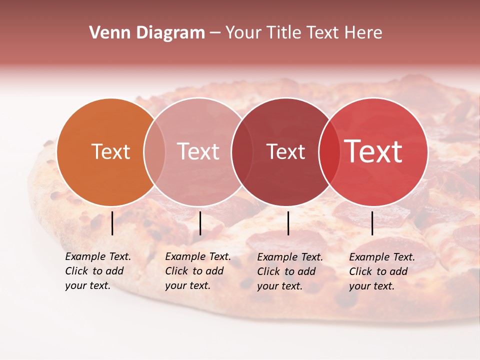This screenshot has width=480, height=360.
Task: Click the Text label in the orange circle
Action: click(110, 151)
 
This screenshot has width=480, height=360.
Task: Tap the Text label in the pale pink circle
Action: click(198, 151)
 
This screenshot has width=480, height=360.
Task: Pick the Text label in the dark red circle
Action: click(285, 151)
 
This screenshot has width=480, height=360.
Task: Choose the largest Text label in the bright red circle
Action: click(373, 151)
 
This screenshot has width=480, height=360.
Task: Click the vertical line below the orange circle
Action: click(112, 223)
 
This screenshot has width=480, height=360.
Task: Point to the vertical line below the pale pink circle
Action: click(200, 223)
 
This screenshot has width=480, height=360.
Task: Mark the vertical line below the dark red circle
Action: click(288, 223)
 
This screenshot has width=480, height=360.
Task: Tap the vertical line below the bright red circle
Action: click(372, 223)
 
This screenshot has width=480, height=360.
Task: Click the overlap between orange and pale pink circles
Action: click(154, 151)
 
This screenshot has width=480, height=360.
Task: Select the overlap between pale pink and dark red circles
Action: click(242, 151)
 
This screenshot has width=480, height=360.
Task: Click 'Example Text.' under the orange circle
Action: click(98, 256)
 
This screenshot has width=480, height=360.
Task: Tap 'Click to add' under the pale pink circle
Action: click(194, 271)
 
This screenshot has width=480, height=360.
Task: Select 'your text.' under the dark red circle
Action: click(279, 286)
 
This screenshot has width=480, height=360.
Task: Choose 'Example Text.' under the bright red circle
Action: click(382, 257)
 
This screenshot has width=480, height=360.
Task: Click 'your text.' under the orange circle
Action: click(87, 285)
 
